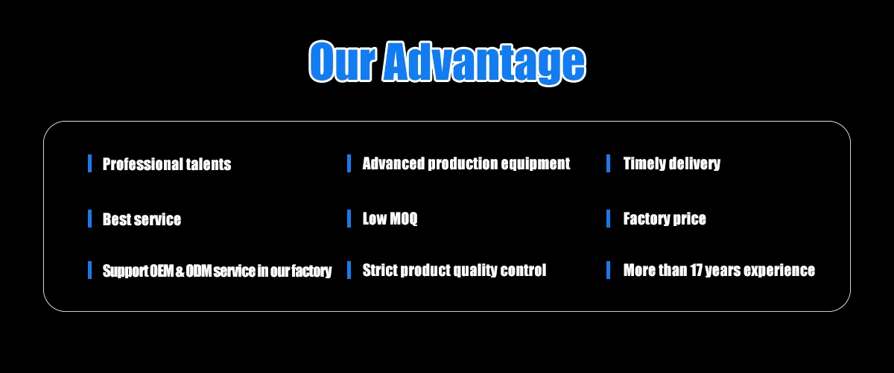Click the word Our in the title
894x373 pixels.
tap(343, 62)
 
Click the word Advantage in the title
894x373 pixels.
tap(484, 63)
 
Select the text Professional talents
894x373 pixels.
tap(167, 164)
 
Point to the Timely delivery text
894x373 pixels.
tap(672, 163)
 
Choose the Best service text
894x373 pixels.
tap(142, 219)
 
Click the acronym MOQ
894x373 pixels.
tap(404, 219)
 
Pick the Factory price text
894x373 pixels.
tap(665, 219)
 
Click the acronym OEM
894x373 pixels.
tap(162, 271)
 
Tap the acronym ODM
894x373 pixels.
tap(198, 271)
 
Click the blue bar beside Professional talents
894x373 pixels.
tap(90, 163)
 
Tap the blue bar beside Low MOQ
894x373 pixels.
tap(349, 219)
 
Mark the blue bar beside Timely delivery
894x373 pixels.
tap(608, 163)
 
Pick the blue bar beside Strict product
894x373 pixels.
tap(349, 270)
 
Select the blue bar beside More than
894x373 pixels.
tap(608, 270)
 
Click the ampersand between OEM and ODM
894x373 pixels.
tap(180, 272)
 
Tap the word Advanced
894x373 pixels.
tap(393, 163)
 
